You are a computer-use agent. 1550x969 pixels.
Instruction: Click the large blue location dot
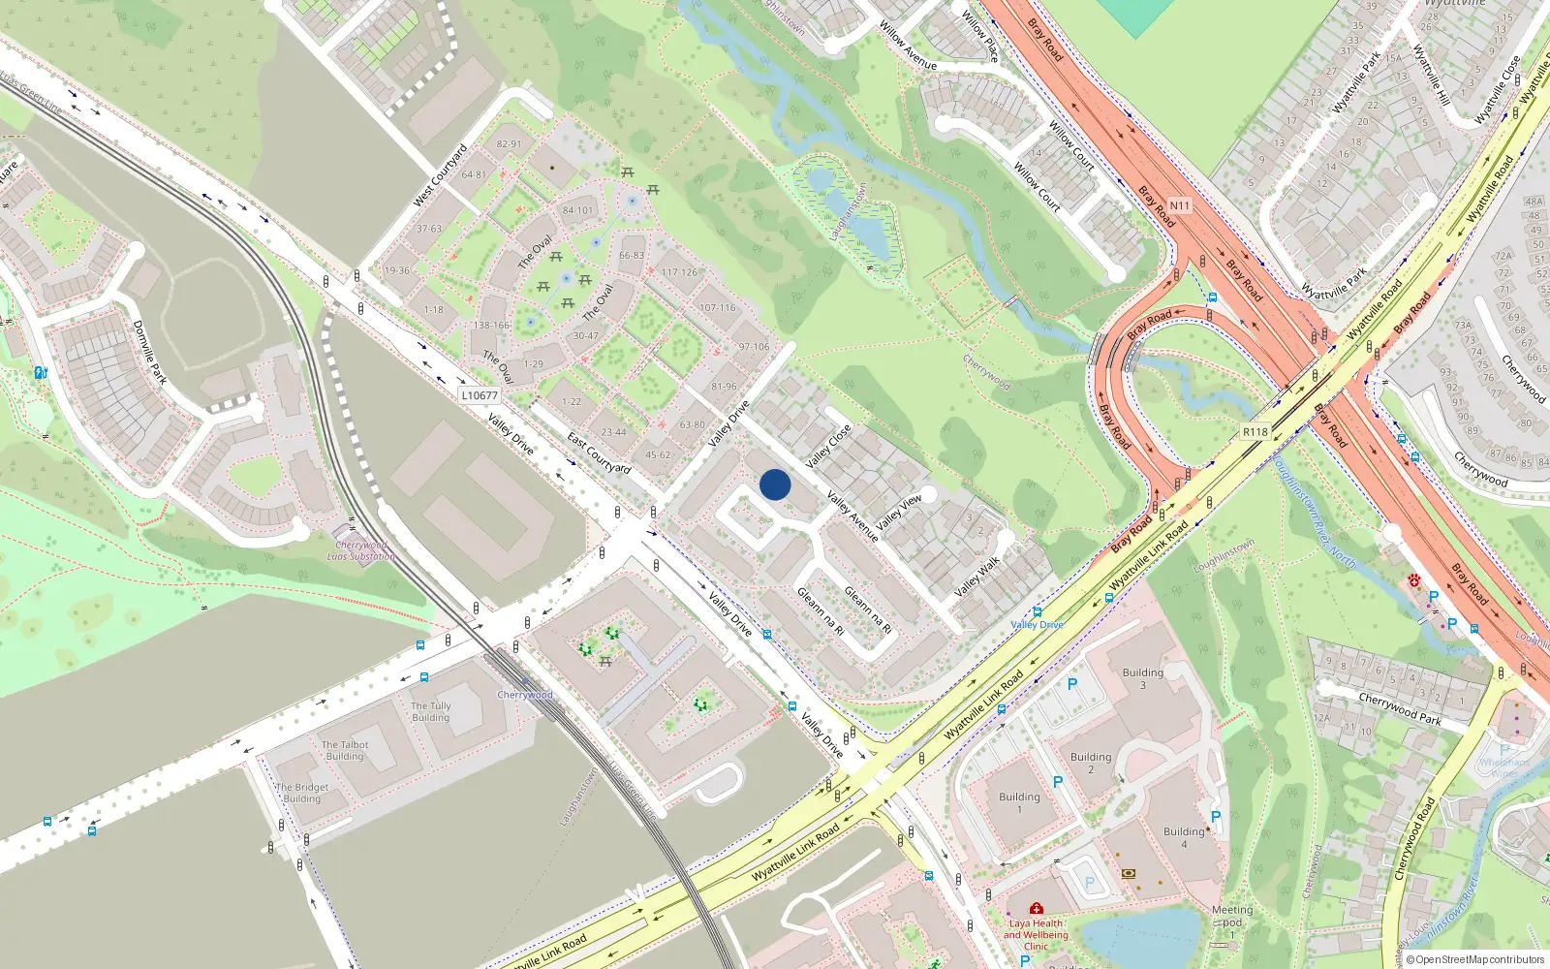pos(775,484)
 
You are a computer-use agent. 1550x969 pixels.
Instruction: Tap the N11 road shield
pos(1179,205)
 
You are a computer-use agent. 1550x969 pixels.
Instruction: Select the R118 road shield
pos(1255,432)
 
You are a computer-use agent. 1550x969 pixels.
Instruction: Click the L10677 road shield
pos(480,395)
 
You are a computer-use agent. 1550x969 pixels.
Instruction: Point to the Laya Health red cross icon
pos(1037,909)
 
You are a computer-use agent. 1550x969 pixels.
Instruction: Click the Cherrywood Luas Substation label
pos(360,550)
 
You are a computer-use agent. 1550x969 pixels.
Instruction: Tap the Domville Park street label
pos(150,352)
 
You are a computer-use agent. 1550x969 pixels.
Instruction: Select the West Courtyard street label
pos(441,175)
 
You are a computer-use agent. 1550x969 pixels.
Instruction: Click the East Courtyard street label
pos(599,453)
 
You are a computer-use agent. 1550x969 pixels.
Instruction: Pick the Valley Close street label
pos(828,445)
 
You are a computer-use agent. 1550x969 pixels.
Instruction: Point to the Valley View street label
pos(899,513)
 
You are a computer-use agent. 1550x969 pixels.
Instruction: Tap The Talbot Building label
pos(345,750)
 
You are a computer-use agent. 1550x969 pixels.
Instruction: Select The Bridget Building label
pos(302,793)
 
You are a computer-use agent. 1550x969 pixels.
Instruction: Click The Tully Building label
pos(430,711)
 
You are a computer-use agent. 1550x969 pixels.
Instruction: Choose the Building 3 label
pos(1142,678)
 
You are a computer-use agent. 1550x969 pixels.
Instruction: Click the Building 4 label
pos(1184,837)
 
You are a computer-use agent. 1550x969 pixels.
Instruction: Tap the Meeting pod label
pos(1232,917)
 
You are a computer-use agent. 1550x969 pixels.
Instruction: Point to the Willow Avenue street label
pos(908,46)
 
